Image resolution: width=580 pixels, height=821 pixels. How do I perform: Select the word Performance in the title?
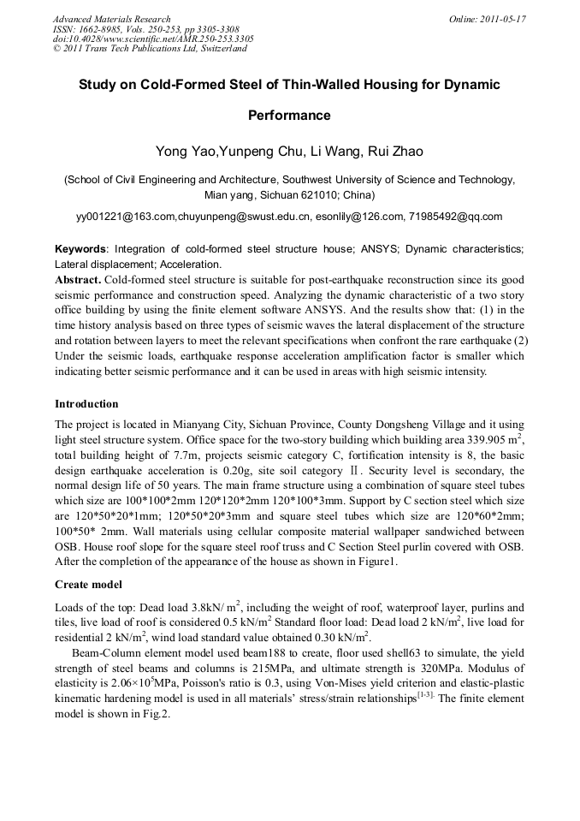pos(289,115)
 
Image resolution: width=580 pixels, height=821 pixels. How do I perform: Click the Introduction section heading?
pos(86,403)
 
